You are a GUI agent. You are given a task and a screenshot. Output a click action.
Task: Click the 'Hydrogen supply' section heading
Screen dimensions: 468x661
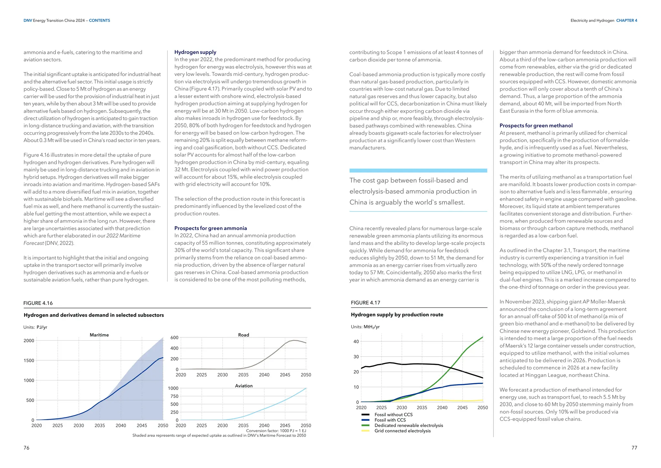pos(195,52)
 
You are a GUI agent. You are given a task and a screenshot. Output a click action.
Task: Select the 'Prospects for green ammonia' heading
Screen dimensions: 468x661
pos(210,228)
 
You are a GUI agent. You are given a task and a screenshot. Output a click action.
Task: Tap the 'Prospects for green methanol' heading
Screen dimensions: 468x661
pos(536,125)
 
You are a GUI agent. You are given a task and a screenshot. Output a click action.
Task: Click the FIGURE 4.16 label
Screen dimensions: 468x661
pos(38,303)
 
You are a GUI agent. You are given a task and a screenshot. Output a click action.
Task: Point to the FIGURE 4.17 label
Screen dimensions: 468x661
pos(365,303)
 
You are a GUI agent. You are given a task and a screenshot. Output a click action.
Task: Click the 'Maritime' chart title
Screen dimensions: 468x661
pos(99,335)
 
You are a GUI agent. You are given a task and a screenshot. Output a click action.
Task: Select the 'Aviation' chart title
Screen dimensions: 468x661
pos(244,386)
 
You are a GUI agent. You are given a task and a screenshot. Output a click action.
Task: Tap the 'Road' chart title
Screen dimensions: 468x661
pos(243,335)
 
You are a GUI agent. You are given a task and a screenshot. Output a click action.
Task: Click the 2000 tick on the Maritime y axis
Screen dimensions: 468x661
pos(29,341)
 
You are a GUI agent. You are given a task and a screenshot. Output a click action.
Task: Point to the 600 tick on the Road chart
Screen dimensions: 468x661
pos(174,338)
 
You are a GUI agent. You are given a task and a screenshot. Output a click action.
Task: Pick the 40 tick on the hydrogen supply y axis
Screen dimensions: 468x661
pos(356,342)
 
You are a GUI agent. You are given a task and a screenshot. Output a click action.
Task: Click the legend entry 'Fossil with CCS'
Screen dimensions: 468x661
pos(390,420)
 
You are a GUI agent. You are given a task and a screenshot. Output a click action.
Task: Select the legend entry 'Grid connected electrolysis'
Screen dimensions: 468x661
pos(402,431)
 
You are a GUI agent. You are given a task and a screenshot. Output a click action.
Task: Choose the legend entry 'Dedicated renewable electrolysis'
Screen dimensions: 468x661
pos(409,425)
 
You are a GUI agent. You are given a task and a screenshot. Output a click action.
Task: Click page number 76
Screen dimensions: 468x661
pos(26,448)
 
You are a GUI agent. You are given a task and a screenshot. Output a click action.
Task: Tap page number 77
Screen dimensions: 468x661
pos(634,448)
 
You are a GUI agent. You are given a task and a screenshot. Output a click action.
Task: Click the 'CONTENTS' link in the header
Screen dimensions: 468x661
pos(99,20)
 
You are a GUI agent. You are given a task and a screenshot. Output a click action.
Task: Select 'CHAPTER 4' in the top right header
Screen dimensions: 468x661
pos(626,20)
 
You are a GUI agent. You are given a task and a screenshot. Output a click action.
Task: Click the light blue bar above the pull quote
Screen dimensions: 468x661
pos(418,170)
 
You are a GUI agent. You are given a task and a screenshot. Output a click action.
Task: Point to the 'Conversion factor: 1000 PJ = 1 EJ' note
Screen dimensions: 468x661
pos(276,431)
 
